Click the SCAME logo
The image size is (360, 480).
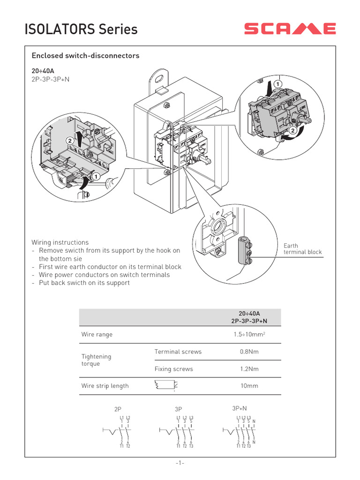290,29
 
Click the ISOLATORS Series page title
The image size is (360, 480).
81,30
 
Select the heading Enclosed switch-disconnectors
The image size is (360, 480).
85,56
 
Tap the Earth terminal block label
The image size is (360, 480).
302,249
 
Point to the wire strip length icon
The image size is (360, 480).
165,386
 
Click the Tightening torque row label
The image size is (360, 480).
96,360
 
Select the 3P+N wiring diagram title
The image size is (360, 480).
240,408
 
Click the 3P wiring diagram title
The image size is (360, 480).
178,409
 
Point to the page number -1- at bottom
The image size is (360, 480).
180,463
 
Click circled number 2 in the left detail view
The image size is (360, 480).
70,140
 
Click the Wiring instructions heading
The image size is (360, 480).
60,242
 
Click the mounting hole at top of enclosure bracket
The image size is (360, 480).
160,75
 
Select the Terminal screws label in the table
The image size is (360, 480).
178,352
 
